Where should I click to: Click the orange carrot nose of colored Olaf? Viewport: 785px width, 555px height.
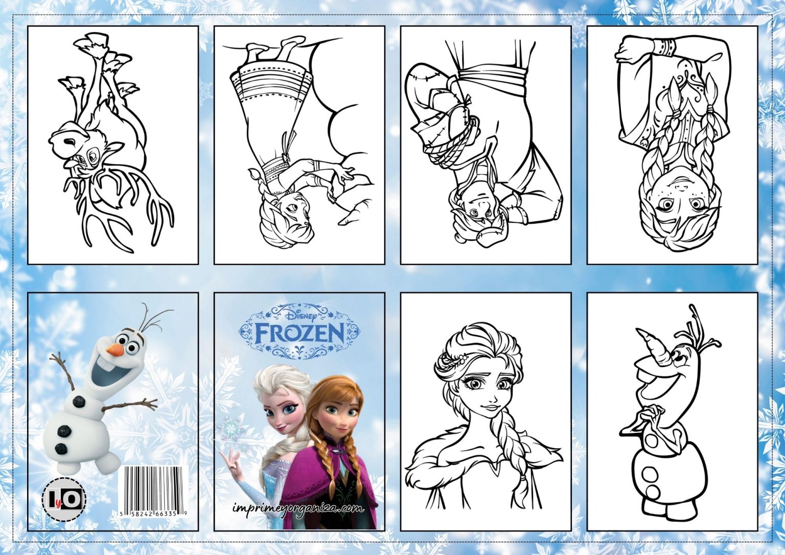116,348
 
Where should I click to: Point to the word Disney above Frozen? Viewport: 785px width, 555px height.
301,316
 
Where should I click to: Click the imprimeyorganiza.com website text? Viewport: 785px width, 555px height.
298,507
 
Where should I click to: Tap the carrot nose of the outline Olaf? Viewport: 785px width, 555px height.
649,339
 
